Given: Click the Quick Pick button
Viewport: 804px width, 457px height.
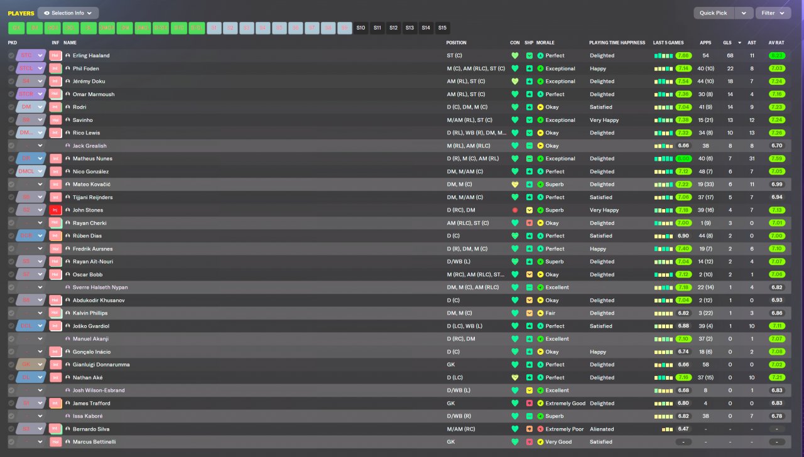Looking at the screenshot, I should point(714,13).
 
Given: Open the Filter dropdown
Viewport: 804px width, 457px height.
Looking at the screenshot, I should point(773,13).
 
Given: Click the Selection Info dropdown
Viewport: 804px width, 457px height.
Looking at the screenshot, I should point(68,13).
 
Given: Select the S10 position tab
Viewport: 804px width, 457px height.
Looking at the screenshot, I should point(361,28).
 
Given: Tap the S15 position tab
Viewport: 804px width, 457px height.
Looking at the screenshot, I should point(442,28).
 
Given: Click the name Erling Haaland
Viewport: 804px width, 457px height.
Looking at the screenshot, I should point(91,55).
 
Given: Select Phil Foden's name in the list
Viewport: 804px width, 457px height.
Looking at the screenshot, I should point(85,68).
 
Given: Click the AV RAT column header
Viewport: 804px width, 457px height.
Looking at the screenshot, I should point(776,43).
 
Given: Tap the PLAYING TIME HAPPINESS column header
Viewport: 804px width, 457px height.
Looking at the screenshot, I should point(617,43).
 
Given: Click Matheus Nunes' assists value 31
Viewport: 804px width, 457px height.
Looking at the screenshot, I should point(752,159).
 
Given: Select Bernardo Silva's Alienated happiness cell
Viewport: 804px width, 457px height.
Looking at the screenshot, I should point(602,429).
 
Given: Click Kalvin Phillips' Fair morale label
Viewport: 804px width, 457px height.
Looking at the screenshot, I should point(551,313).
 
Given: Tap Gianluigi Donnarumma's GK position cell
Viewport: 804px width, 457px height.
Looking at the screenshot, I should point(450,365).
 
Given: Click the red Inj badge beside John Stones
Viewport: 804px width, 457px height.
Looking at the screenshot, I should point(55,210).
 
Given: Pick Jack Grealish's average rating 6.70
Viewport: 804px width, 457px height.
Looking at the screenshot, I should point(777,146).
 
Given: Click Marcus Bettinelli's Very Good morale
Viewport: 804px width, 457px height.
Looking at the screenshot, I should point(558,442).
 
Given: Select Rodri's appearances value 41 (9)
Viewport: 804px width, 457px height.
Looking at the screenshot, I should point(705,107).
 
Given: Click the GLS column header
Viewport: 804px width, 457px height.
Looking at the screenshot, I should point(727,43).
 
